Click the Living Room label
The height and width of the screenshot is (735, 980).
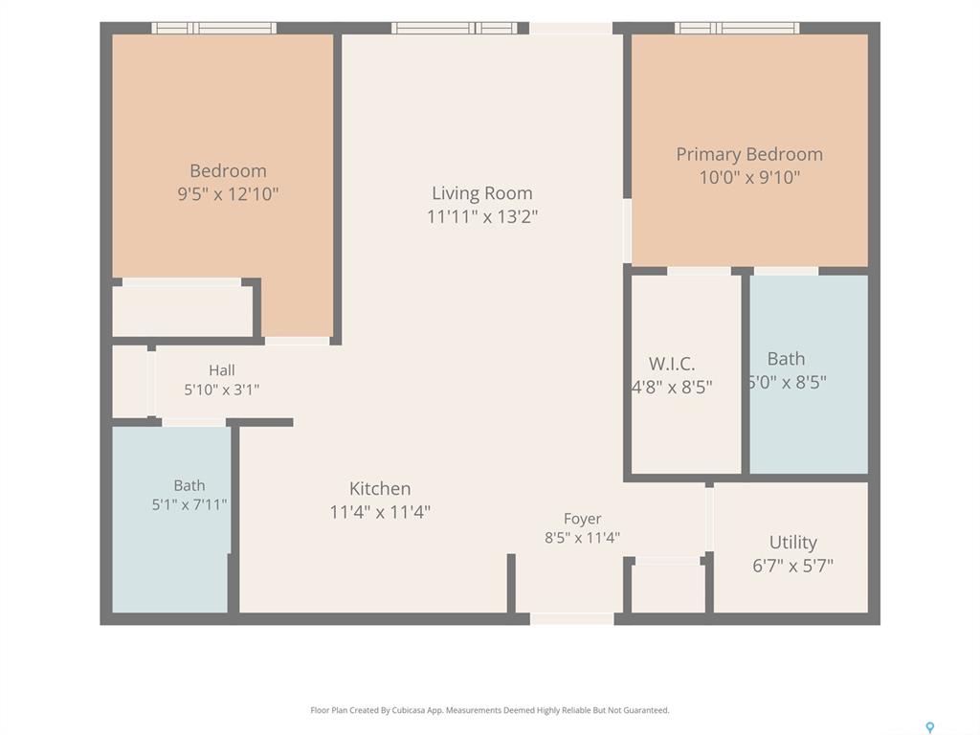(482, 193)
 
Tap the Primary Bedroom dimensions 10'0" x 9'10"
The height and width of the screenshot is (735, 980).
(749, 177)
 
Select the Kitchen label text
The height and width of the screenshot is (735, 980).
(380, 489)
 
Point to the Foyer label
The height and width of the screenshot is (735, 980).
(583, 519)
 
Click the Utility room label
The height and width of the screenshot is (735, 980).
(793, 543)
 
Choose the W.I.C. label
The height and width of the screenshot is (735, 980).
(672, 364)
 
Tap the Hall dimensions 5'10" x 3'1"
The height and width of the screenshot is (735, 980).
(221, 390)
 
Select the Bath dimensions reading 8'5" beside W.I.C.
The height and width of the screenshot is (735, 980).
(788, 382)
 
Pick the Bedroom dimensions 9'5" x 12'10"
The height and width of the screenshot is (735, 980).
(228, 194)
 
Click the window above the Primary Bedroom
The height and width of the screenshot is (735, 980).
(737, 28)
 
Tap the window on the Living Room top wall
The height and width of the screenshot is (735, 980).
(455, 28)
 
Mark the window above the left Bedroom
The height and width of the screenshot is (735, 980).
(213, 28)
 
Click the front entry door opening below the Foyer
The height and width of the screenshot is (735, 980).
(572, 619)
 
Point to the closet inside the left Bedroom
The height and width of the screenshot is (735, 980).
(183, 311)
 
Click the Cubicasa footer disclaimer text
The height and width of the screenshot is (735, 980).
(490, 710)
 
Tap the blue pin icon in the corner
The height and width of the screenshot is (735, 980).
(930, 727)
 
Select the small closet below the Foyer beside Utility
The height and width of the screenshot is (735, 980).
(668, 589)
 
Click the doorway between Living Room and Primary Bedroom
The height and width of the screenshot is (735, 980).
(627, 231)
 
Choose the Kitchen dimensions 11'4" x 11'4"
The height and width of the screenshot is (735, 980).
(380, 513)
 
